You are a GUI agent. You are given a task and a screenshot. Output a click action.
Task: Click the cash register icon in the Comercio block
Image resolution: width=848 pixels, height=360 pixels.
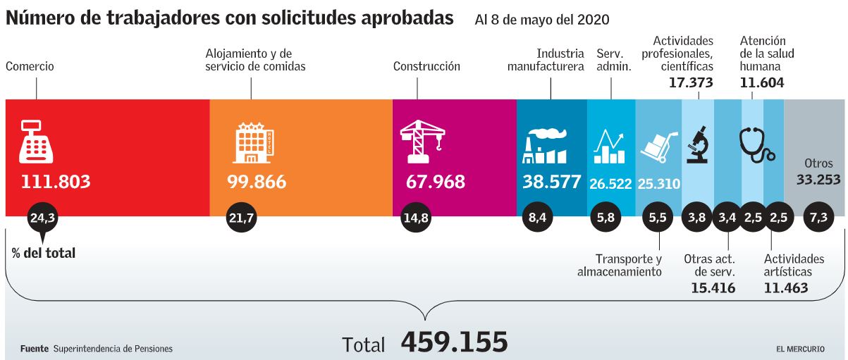(x=36, y=140)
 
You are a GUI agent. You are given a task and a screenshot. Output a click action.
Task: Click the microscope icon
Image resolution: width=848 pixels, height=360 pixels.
(x=697, y=144)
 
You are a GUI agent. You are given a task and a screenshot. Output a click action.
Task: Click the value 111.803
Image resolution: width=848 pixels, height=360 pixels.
(x=56, y=182)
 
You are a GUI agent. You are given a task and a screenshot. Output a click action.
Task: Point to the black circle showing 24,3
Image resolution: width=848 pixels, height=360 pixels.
(x=42, y=218)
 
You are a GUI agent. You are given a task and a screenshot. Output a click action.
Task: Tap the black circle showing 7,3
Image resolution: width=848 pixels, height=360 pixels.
(x=818, y=218)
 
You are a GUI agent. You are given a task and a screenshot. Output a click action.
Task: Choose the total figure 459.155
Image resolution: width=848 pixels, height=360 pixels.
(x=454, y=342)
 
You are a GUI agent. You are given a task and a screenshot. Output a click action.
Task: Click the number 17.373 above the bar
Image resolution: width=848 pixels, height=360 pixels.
(x=691, y=82)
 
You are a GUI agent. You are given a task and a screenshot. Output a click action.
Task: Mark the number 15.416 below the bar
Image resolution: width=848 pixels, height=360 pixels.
(x=713, y=287)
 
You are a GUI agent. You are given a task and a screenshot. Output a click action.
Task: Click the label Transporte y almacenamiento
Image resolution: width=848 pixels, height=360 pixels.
(x=620, y=265)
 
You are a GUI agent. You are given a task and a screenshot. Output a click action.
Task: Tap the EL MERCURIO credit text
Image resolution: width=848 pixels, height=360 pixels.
(x=807, y=349)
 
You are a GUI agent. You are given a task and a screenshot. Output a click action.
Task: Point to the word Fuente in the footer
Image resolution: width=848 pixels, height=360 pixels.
(x=34, y=349)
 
